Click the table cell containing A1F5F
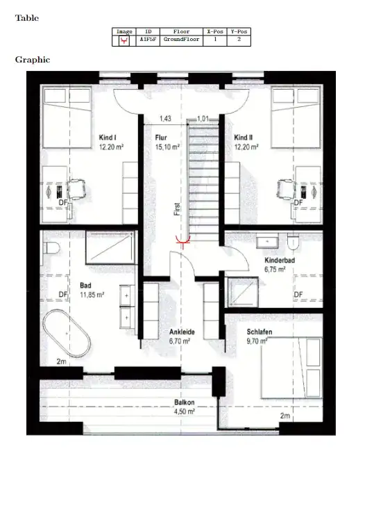coord(148,40)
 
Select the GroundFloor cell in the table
coord(181,40)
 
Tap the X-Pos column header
coord(215,31)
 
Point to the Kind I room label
coord(108,138)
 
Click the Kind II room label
coord(244,138)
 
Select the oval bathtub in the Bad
coord(67,333)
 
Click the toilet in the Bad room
coord(51,248)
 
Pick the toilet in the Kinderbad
coord(293,241)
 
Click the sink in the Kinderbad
coord(267,242)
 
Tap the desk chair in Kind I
coord(77,189)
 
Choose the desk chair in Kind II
coord(285,189)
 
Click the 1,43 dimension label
coord(165,119)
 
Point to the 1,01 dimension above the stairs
coord(203,119)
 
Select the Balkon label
coord(185,402)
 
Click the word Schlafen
coord(260,332)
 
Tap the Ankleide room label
coord(182,332)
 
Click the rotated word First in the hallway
coord(177,209)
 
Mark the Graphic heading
coord(33,60)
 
